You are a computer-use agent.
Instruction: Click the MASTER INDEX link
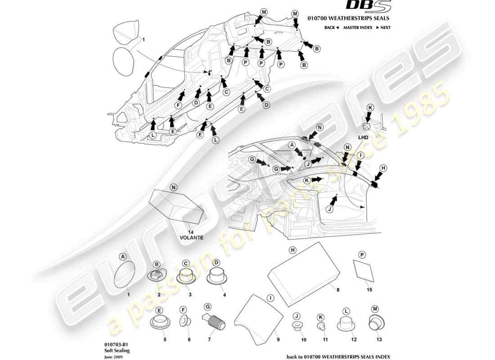[357, 28]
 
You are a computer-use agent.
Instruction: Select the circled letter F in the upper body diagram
[178, 105]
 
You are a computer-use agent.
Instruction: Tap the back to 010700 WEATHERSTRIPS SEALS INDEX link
[338, 356]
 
